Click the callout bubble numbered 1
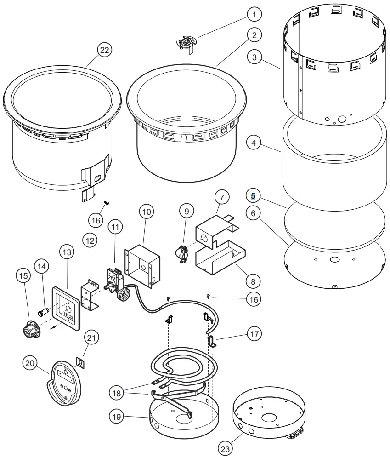point(254,14)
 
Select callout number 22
point(105,50)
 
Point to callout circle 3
point(254,57)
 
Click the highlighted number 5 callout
point(254,196)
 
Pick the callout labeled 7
point(222,197)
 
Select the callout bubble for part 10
point(147,212)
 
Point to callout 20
point(30,364)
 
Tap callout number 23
point(225,446)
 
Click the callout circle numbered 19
point(117,417)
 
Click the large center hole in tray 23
point(270,418)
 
